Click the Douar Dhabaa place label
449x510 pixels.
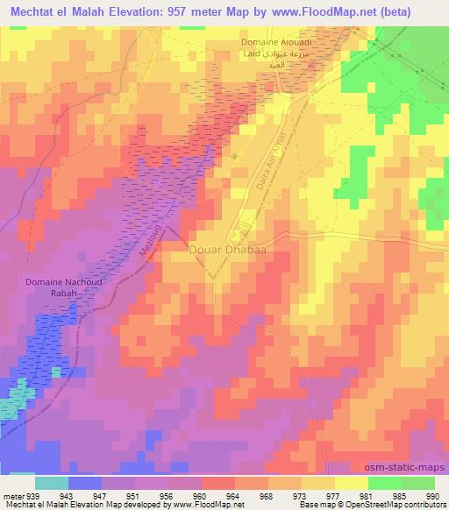click(x=227, y=250)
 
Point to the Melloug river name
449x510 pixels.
click(x=152, y=240)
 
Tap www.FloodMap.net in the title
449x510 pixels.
click(x=323, y=10)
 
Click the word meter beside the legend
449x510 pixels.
click(x=13, y=495)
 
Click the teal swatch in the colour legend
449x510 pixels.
click(x=51, y=483)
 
